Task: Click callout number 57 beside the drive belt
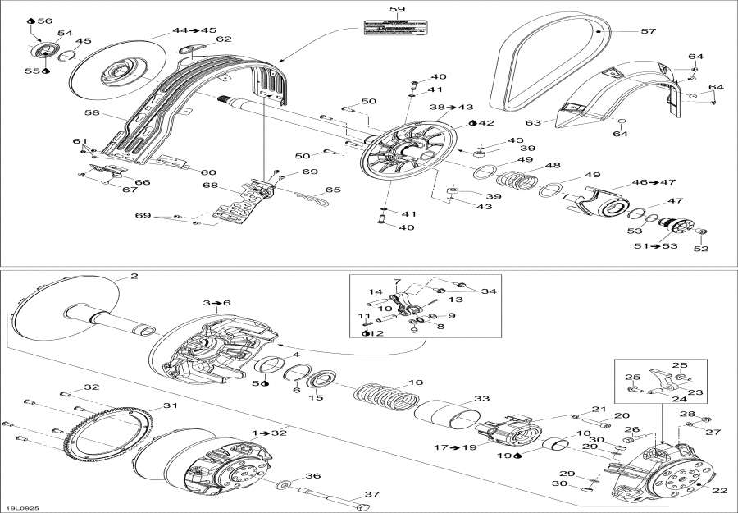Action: tap(648, 31)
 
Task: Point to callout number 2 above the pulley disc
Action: tap(134, 277)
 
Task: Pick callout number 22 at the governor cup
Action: tap(721, 491)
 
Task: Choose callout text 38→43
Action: tap(452, 108)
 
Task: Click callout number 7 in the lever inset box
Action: tap(397, 282)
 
